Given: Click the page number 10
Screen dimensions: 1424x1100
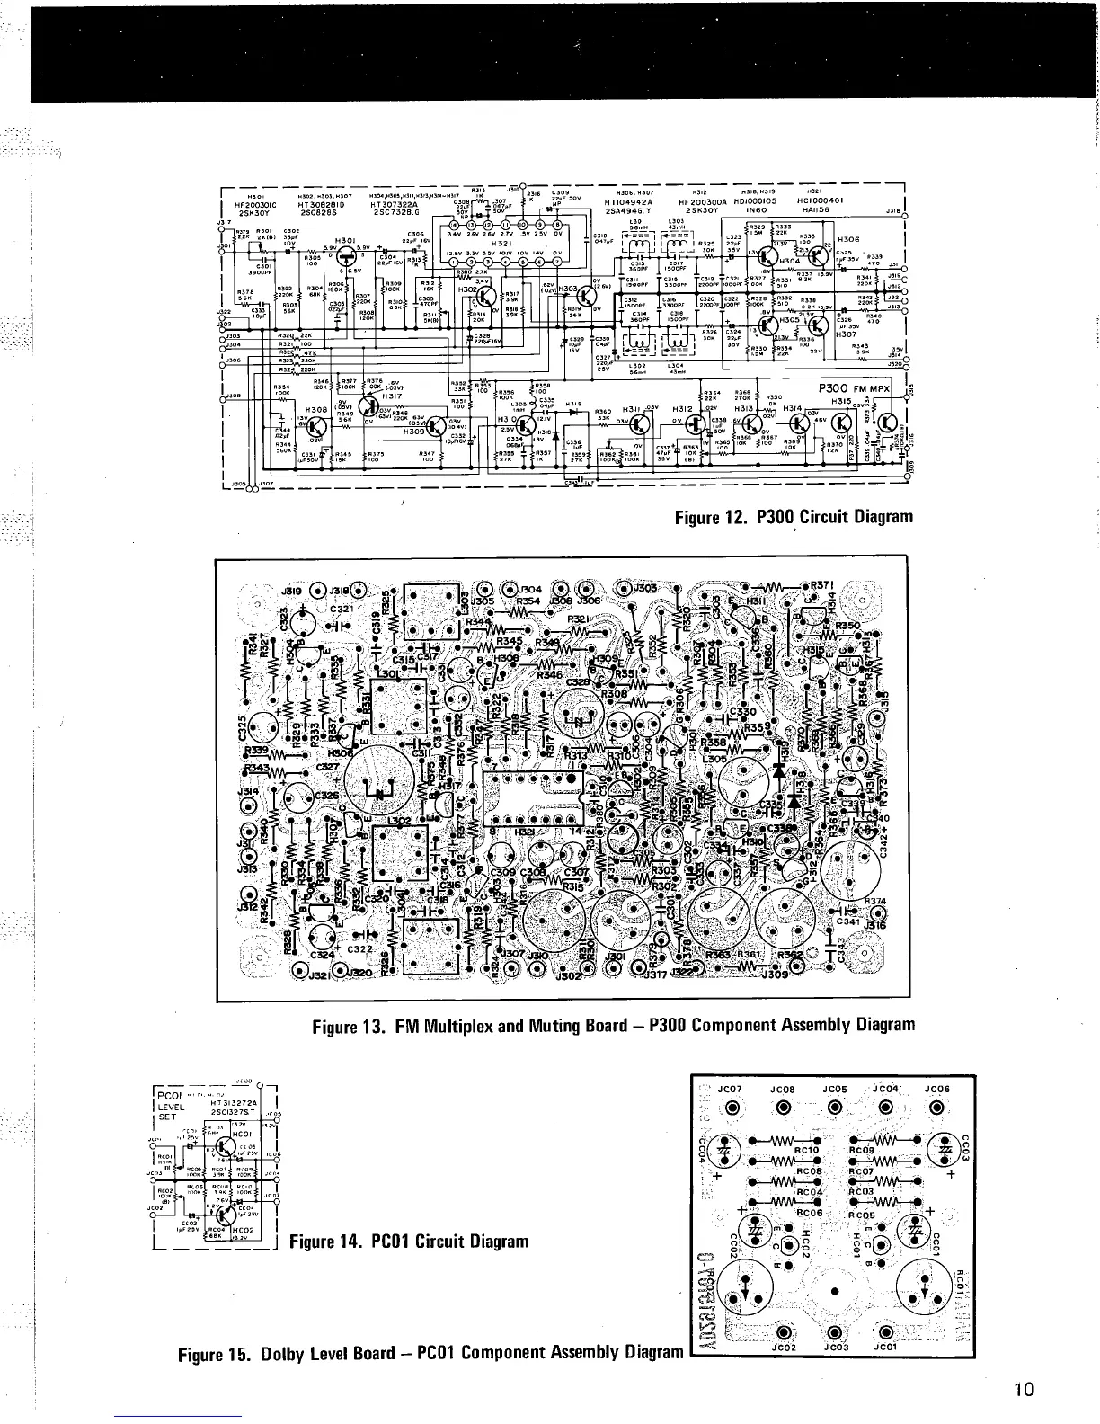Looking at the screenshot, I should click(x=1025, y=1389).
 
